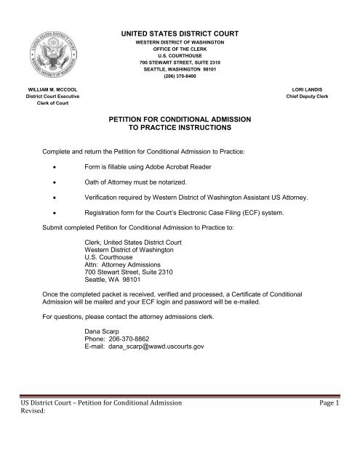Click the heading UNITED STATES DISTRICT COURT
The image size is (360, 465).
pyautogui.click(x=179, y=34)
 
